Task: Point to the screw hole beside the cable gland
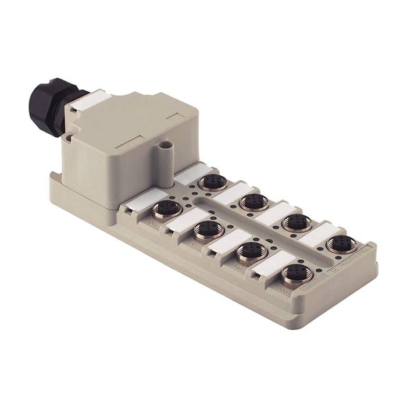69,137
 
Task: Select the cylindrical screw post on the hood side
167,152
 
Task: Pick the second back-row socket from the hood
254,202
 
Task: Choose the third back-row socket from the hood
297,222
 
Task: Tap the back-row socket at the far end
341,244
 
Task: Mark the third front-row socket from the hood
252,252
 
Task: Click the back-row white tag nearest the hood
188,173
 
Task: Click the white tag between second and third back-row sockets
273,212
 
